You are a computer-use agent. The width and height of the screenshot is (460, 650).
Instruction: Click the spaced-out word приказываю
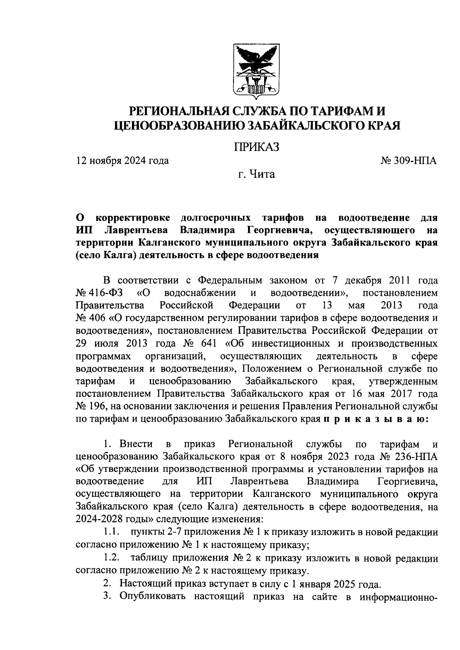point(376,419)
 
